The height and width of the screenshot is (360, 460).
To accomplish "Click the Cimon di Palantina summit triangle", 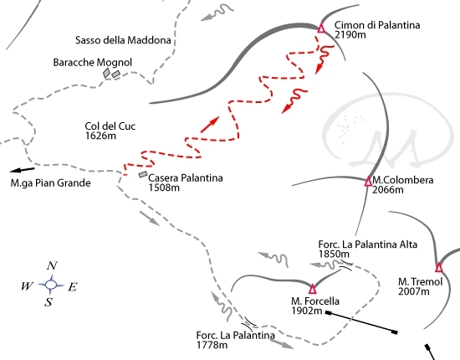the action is point(321,28).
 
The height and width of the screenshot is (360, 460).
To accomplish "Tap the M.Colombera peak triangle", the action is point(368,182).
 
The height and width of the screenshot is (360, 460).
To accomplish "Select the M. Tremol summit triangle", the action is point(438,268).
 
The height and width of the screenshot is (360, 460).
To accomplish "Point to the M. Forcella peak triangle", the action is point(313,289).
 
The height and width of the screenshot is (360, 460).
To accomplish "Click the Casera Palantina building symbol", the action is point(143,174).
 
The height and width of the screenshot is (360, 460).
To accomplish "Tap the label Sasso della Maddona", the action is point(123,40).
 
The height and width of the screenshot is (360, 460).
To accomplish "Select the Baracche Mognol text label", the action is point(92,62).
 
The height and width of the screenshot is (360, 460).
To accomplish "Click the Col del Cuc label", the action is point(110,126).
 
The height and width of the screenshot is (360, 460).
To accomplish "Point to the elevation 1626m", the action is point(100,136).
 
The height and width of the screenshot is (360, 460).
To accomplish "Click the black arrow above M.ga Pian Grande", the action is point(22,170).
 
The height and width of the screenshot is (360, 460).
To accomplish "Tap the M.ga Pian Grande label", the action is point(50,183).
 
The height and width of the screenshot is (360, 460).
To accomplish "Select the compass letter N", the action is point(52,265).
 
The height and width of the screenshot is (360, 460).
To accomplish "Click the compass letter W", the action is point(27,285).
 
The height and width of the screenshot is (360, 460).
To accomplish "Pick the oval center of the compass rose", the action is point(51,285).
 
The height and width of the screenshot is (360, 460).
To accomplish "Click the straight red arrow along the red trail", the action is point(210,125).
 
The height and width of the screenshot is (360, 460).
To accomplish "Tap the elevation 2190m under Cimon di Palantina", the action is point(350,34).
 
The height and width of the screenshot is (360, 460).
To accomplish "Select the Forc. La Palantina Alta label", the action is point(368,244).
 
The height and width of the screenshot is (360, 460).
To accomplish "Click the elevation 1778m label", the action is point(212,344).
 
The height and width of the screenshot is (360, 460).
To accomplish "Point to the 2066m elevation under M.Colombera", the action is point(388,190).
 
